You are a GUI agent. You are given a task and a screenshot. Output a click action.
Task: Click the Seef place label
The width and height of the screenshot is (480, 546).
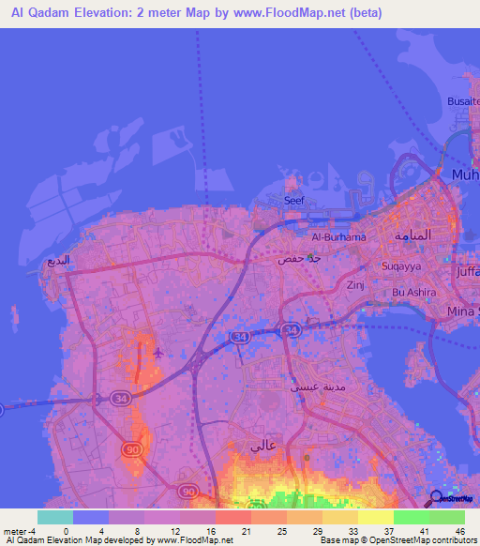pyautogui.click(x=294, y=200)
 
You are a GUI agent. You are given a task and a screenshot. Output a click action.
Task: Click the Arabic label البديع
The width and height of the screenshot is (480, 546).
pyautogui.click(x=59, y=260)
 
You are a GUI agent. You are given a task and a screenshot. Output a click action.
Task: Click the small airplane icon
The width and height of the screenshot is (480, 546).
pyautogui.click(x=157, y=353)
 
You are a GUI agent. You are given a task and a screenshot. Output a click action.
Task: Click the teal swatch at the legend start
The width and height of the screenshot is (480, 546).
pyautogui.click(x=54, y=517)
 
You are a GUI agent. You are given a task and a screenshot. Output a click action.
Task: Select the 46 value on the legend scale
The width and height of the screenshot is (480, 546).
pyautogui.click(x=459, y=530)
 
